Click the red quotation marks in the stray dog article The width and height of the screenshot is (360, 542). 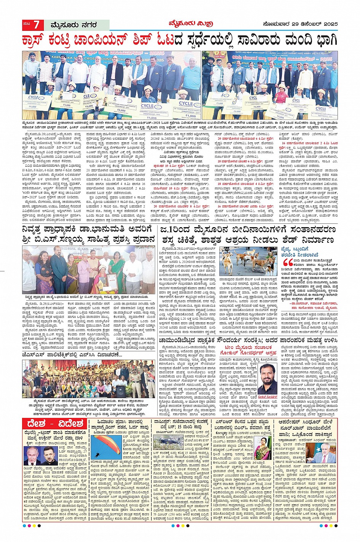[288, 263]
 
